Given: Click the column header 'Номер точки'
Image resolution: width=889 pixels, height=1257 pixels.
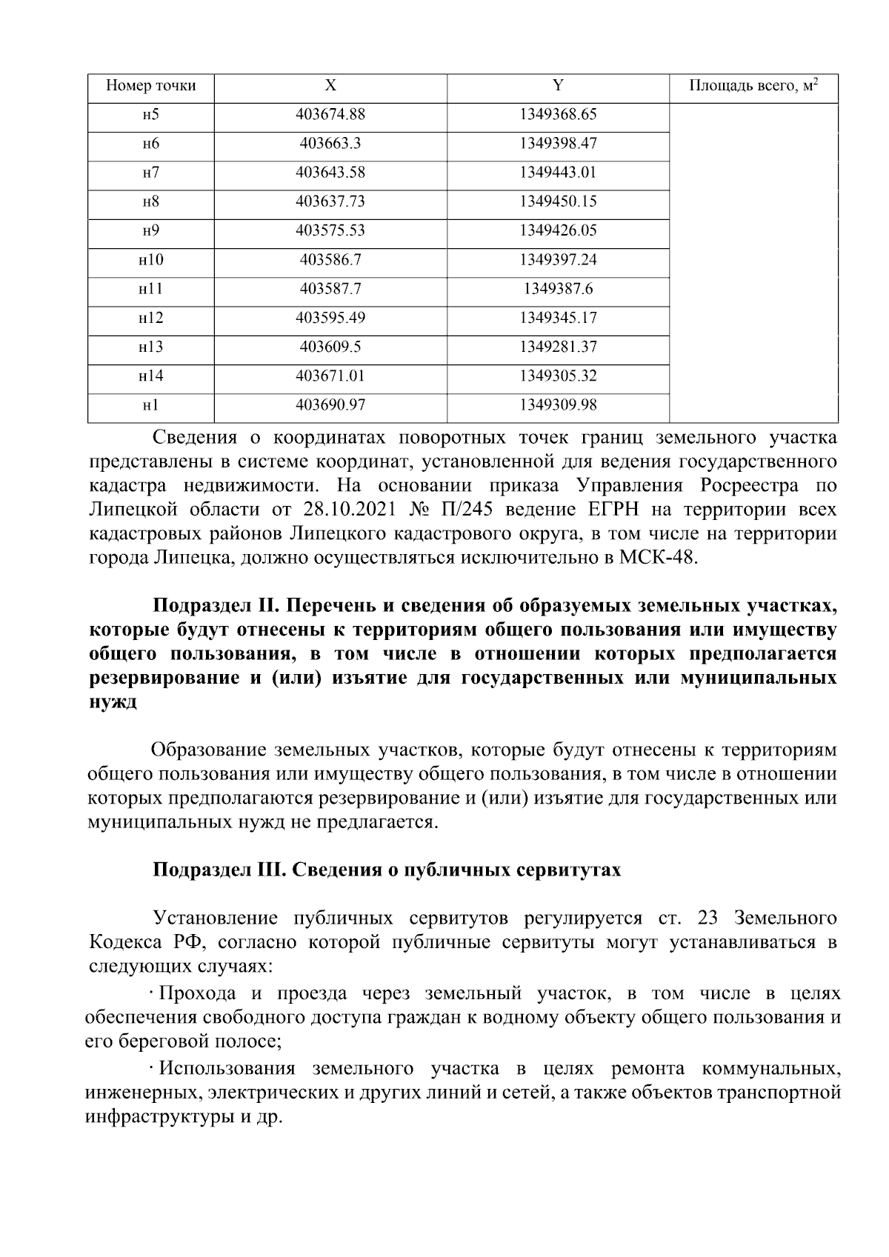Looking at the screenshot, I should coord(150,86).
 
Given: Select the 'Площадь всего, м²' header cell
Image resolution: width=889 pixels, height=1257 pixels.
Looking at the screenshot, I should coord(753,86).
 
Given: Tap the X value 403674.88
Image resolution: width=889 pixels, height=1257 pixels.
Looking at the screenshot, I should coord(330,115).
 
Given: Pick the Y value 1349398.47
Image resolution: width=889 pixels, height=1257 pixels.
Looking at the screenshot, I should coord(558,144).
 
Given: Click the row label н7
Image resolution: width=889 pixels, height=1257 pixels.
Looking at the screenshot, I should coord(150,173).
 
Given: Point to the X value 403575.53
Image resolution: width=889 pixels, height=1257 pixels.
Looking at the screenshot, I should coord(330,230).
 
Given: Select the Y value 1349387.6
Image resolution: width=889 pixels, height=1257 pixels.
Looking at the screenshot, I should coord(558,289).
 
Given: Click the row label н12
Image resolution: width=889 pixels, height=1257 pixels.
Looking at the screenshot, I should coord(150,318).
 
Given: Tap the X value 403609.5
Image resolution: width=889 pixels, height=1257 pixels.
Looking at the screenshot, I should coord(330,347).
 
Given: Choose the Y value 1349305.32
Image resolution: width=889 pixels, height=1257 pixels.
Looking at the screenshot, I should coord(558,376).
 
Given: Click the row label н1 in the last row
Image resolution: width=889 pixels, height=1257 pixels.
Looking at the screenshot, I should coord(150,404).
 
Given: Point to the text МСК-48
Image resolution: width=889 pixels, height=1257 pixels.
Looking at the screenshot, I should coord(657,558).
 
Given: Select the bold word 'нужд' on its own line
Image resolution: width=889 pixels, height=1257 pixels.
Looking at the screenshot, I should coord(113,702).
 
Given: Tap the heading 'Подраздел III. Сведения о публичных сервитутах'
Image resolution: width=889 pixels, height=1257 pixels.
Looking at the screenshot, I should coord(386,870).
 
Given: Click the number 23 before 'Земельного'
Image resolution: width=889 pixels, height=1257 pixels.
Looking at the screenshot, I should coord(709,918).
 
